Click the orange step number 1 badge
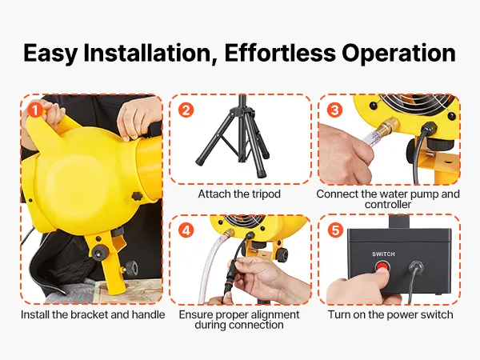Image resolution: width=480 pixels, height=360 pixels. point(35,110)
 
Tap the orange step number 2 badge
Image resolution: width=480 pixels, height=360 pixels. point(186,110)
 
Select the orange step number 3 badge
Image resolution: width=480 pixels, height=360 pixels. point(334,110)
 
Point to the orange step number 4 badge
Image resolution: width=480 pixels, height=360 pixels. point(186,230)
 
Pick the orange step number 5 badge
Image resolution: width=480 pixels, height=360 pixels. point(335,230)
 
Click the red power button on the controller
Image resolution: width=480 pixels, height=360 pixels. point(382,266)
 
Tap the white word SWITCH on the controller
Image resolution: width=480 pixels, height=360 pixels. point(383,254)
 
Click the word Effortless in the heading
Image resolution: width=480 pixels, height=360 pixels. point(280,53)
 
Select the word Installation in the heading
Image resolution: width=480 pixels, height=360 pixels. point(150,54)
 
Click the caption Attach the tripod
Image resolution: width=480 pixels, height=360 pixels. point(239,194)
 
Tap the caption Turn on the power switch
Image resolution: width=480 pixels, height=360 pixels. point(390,314)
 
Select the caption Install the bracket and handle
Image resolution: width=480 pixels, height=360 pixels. point(93,314)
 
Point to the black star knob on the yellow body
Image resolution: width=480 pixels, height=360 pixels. point(138,196)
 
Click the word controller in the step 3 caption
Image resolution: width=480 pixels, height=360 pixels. point(388,205)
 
